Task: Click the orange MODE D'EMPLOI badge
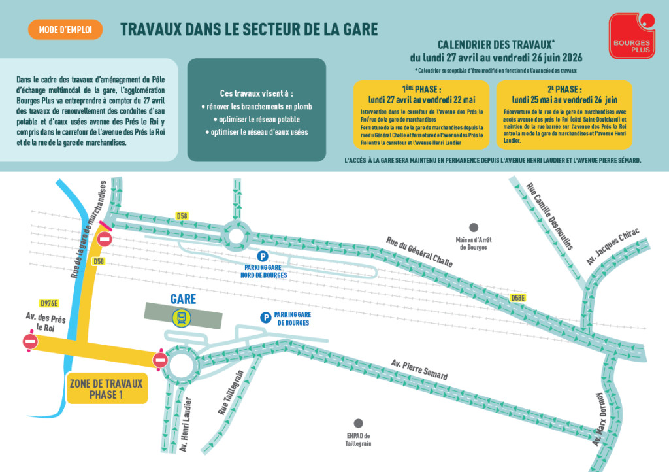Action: coord(65,29)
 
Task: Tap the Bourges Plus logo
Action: coord(631,36)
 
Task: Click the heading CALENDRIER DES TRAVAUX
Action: coord(496,44)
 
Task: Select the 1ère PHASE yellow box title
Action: coord(421,89)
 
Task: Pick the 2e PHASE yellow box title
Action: coord(564,89)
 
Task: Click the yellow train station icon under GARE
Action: coord(182,318)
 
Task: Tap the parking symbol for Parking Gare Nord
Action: coord(262,257)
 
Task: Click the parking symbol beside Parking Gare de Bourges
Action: coord(265,318)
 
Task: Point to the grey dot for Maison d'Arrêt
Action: coord(474,228)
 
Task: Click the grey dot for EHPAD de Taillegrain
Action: coord(358,423)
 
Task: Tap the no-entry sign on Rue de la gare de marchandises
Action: coord(104,239)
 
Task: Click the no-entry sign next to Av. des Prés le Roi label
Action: coord(30,341)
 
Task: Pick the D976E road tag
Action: coord(49,303)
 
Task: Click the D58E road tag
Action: coord(518,297)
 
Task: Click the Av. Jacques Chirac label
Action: coord(612,247)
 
